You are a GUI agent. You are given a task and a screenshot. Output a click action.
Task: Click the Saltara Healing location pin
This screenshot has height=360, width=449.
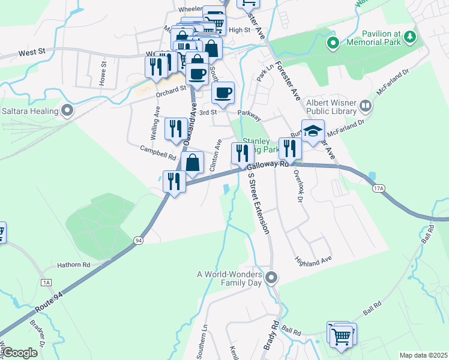67,110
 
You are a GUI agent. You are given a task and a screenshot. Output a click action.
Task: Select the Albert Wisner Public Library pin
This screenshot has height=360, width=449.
366,107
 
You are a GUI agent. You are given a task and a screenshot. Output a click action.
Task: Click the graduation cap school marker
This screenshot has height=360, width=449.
313,132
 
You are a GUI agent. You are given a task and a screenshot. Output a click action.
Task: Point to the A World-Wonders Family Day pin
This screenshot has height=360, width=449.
272,277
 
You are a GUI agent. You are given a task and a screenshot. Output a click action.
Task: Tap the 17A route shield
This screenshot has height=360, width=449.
378,188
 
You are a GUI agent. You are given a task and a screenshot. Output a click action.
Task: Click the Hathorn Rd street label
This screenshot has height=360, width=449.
73,264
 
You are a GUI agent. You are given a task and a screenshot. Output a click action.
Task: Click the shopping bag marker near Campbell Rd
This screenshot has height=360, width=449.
192,163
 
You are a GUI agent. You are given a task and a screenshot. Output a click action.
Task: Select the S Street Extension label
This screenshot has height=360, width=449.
259,205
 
